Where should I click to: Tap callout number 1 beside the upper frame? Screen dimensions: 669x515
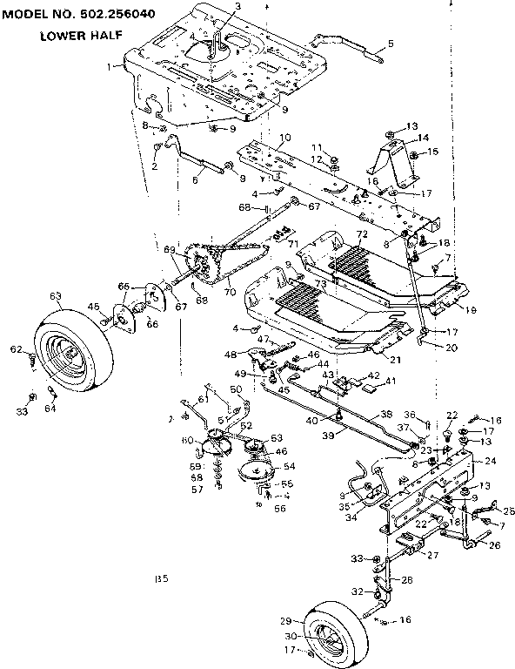pos(110,66)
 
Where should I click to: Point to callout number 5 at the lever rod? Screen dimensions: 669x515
pos(391,43)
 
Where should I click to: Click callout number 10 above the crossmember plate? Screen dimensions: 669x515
pos(284,138)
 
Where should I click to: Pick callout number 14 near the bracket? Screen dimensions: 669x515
pos(424,138)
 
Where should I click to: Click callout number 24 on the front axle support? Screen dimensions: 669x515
pos(489,461)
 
